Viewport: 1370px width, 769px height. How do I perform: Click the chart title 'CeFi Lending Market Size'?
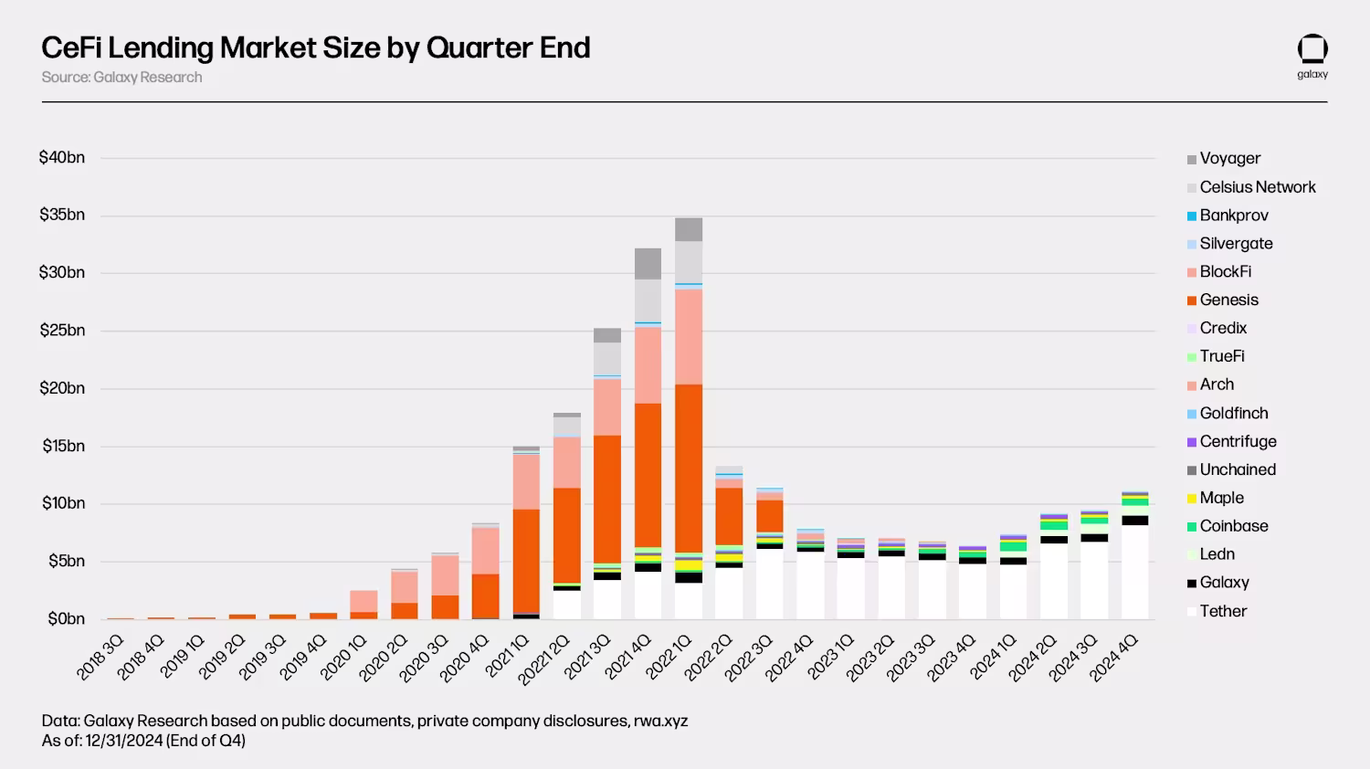(315, 47)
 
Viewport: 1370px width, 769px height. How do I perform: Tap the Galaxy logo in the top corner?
(1312, 56)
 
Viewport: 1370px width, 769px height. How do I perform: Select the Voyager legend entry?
(1229, 159)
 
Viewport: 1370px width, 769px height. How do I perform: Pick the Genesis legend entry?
(1228, 300)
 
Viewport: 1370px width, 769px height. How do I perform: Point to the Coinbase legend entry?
(1233, 527)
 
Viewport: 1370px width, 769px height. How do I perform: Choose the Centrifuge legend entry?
(1238, 442)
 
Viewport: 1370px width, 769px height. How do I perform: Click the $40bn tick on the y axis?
(61, 158)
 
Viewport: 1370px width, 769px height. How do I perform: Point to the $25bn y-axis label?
(61, 331)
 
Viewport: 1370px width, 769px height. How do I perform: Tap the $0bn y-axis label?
(66, 619)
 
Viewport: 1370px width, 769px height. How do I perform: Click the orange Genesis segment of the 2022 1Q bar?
(689, 466)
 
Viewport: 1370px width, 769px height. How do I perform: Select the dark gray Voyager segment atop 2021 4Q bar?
(648, 263)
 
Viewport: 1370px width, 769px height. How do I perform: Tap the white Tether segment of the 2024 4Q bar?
(1135, 571)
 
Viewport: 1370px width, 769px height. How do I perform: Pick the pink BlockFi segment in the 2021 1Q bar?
(526, 481)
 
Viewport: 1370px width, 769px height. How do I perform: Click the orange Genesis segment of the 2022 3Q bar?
(770, 515)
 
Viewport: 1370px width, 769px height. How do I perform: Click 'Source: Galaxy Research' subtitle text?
(121, 78)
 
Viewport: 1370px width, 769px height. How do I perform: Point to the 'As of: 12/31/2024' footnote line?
(143, 741)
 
